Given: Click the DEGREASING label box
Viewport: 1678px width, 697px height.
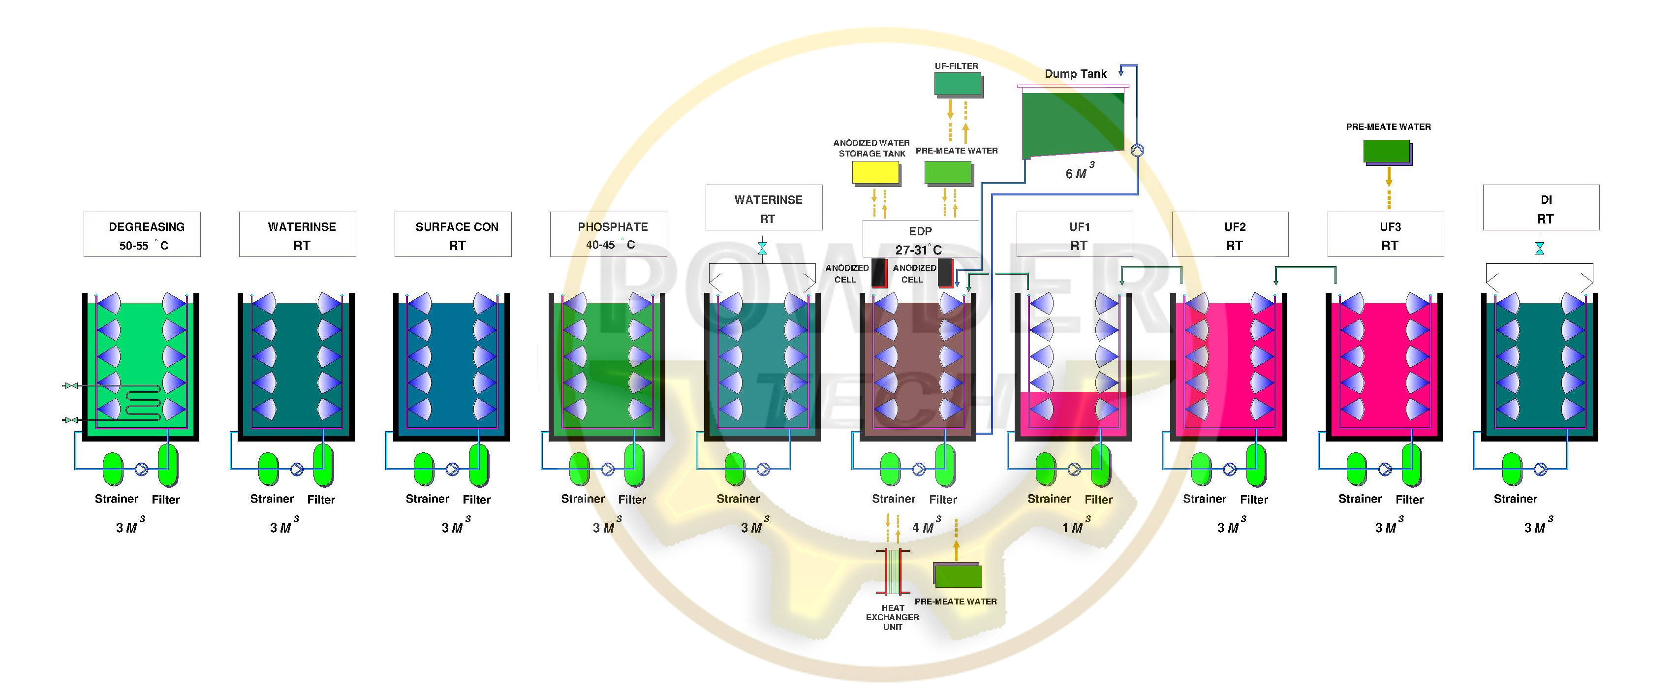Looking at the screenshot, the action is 142,234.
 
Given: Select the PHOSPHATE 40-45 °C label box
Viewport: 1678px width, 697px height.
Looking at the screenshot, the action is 608,234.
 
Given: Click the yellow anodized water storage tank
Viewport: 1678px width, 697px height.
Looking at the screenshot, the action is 876,173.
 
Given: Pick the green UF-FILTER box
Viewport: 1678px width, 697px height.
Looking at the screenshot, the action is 958,85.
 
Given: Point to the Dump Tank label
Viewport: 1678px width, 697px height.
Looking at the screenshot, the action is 1076,74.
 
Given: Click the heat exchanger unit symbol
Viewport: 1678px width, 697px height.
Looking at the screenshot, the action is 893,571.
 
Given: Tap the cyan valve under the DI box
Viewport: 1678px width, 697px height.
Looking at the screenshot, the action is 1540,248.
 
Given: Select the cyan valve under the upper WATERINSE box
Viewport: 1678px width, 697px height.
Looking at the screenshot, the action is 763,248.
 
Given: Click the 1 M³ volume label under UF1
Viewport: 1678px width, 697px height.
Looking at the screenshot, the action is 1076,525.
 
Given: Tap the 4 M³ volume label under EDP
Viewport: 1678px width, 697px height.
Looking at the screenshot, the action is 926,525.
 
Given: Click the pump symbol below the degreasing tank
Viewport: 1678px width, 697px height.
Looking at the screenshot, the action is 141,469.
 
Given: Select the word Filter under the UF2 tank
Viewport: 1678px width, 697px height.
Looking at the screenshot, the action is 1254,500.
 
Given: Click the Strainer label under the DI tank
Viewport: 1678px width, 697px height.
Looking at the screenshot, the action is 1515,499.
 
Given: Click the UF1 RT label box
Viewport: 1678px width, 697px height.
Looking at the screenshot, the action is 1075,234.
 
